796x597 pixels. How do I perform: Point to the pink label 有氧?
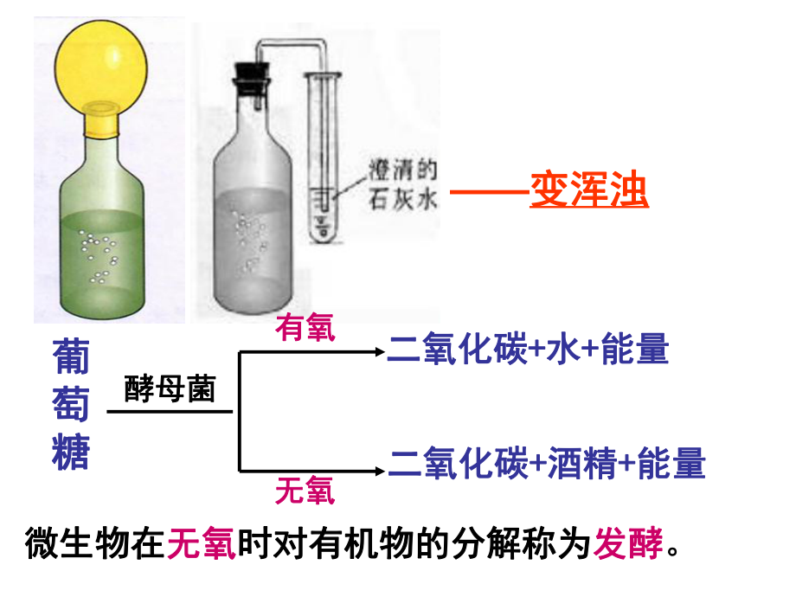[x=305, y=328]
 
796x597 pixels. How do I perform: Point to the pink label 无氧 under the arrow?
[x=305, y=491]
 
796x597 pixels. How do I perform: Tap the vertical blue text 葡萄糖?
[x=71, y=403]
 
